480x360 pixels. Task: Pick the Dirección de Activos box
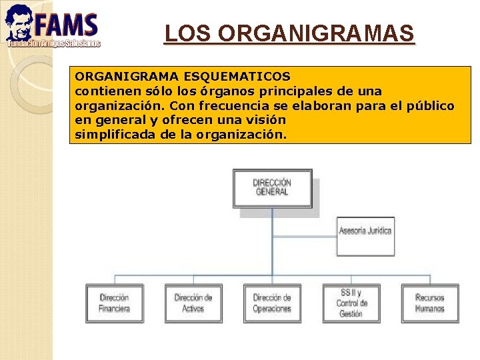click(193, 303)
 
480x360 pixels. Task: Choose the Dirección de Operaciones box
click(271, 303)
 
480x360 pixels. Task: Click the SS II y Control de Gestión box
click(351, 303)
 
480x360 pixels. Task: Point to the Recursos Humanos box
click(429, 303)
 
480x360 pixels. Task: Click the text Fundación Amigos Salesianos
click(53, 43)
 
